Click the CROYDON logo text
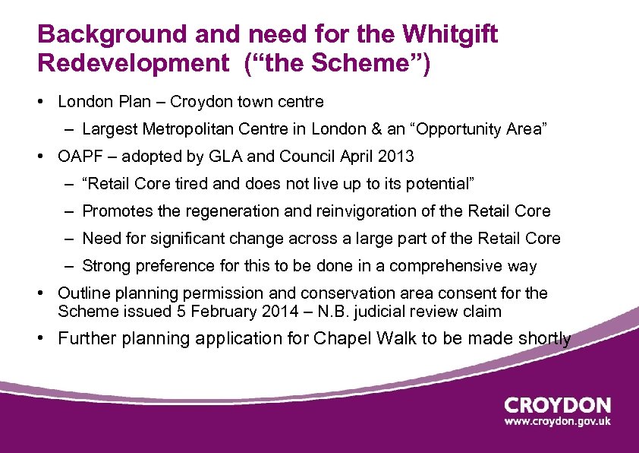tap(557, 406)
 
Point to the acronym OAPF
tap(79, 157)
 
